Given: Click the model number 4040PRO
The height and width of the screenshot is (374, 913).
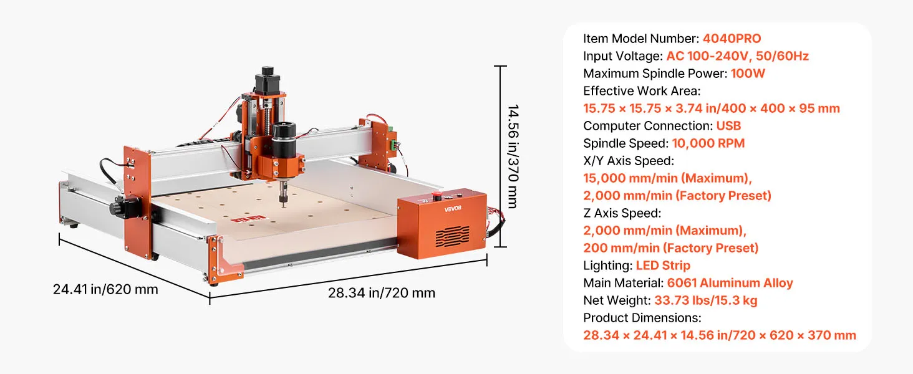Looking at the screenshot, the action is click(732, 39).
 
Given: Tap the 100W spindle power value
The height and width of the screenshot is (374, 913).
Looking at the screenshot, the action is click(748, 74).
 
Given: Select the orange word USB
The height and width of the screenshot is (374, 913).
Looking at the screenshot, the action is click(728, 126).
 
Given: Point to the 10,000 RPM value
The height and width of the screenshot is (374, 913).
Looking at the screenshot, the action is click(708, 143).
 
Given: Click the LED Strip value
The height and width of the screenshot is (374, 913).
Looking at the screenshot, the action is click(663, 266).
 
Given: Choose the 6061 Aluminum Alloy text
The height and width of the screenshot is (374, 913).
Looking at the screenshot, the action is click(730, 283).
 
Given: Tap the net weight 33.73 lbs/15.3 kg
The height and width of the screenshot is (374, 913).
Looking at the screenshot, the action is click(705, 300).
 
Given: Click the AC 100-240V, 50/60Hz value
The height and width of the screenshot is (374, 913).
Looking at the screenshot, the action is click(737, 56).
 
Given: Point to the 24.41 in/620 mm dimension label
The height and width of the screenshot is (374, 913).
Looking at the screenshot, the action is click(105, 289).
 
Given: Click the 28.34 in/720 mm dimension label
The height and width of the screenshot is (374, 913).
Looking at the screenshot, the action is click(382, 293).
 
